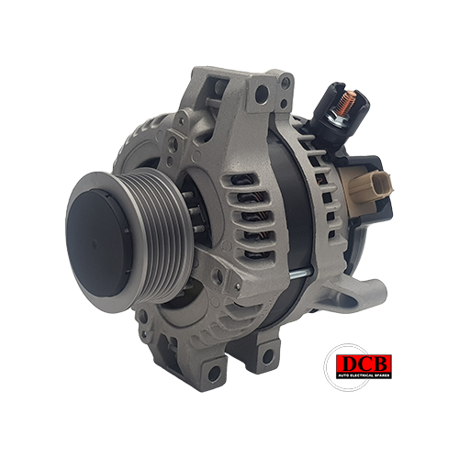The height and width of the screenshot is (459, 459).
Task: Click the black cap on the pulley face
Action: click(98, 242)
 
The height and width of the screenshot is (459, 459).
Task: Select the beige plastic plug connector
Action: click(371, 187)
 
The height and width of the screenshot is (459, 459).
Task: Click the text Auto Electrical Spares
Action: click(364, 375)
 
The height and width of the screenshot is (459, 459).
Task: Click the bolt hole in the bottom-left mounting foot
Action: click(214, 374)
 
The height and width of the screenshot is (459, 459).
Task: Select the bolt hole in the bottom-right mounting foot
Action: click(268, 357)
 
